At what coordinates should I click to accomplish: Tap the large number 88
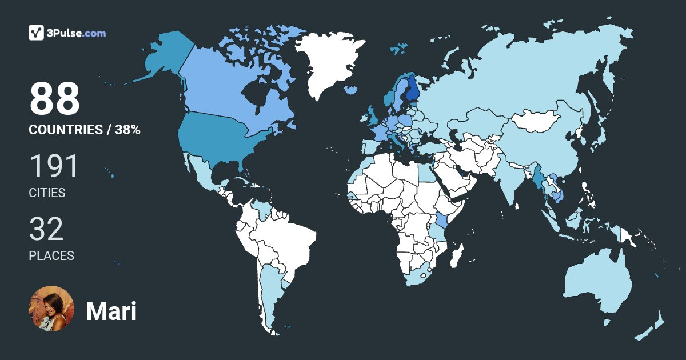point(54,99)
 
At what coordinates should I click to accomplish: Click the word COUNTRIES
point(65,130)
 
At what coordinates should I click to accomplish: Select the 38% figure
point(127,130)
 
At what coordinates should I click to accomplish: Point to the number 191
point(53,166)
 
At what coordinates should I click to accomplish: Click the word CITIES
point(47,193)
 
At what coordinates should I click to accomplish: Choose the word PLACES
point(51,255)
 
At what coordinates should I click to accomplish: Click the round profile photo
point(51,309)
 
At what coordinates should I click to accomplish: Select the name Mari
point(111,311)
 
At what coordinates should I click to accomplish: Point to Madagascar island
point(456,255)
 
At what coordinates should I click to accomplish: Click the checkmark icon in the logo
point(37,33)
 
